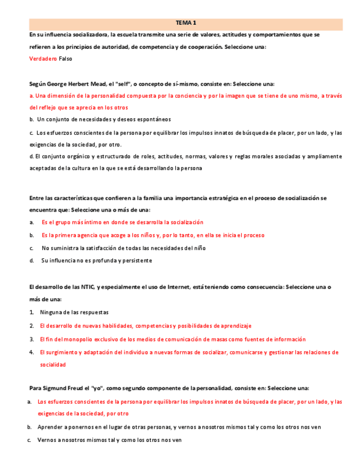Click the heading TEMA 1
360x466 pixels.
(x=186, y=23)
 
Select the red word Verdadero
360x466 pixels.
(x=43, y=58)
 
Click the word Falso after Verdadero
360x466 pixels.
(x=65, y=58)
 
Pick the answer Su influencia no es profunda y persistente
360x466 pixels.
(x=97, y=260)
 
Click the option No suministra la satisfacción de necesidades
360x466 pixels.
(x=124, y=248)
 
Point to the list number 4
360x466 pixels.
(x=32, y=352)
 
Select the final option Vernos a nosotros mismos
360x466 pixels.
(x=109, y=440)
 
